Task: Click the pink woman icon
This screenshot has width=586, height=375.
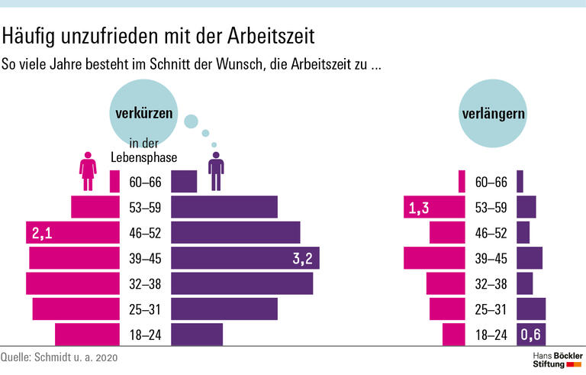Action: pyautogui.click(x=89, y=173)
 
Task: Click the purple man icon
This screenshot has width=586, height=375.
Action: pyautogui.click(x=217, y=170)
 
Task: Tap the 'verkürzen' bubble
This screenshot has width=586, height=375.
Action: pyautogui.click(x=143, y=115)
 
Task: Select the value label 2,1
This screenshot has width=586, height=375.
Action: pyautogui.click(x=39, y=232)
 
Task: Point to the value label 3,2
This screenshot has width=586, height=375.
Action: pyautogui.click(x=303, y=258)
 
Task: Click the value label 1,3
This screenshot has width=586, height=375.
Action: pyautogui.click(x=417, y=207)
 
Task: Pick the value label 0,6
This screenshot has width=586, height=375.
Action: pyautogui.click(x=531, y=335)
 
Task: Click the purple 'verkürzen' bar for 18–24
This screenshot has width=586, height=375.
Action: pyautogui.click(x=197, y=335)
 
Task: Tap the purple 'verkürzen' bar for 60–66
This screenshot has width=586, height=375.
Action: pyautogui.click(x=184, y=181)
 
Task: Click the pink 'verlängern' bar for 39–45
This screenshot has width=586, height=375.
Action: pyautogui.click(x=434, y=258)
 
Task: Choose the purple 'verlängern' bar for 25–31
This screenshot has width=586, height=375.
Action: pyautogui.click(x=531, y=309)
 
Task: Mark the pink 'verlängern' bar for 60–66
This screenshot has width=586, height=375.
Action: pyautogui.click(x=462, y=181)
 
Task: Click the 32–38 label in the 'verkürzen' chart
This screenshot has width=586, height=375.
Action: pyautogui.click(x=146, y=283)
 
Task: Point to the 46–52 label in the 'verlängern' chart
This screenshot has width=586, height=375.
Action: pyautogui.click(x=491, y=232)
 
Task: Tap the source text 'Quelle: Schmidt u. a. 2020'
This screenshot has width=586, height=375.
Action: pyautogui.click(x=60, y=357)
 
